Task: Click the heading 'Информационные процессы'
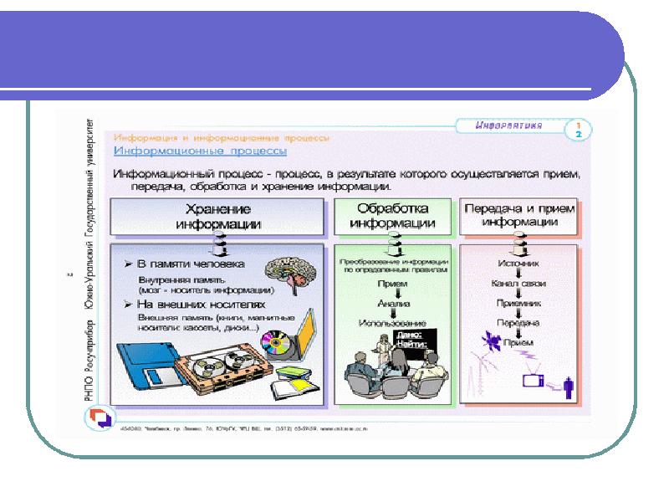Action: point(200,151)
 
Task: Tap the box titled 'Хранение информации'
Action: point(218,216)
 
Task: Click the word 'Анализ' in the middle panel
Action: point(392,304)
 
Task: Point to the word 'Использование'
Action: point(392,323)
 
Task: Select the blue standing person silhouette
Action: point(568,387)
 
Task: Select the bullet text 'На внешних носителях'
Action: point(197,304)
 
